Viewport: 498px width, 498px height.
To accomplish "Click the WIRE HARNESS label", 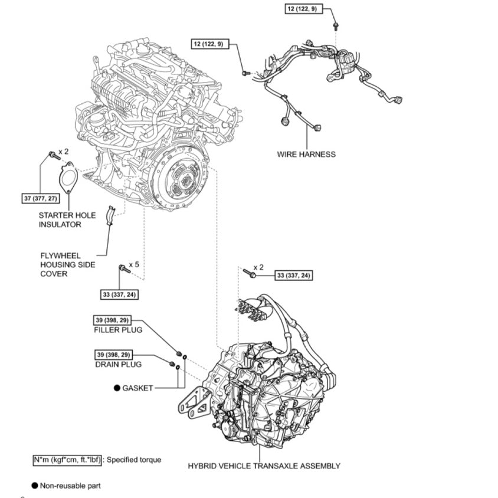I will click(x=306, y=155).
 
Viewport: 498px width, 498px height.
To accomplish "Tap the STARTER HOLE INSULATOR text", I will click(x=67, y=220).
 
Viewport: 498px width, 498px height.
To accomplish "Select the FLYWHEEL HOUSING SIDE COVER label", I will click(x=63, y=265).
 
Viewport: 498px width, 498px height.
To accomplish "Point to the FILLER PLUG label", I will click(x=118, y=330).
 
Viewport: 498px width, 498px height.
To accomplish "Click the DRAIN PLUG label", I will click(x=118, y=365).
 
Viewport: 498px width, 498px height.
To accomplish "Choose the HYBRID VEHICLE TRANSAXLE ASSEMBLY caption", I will click(x=264, y=466).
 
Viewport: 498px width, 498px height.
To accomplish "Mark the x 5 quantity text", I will click(x=134, y=265).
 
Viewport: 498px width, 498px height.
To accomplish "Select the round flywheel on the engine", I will click(x=180, y=176).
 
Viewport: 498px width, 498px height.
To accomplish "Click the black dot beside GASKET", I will click(x=117, y=388).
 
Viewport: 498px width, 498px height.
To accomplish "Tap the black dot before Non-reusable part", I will click(x=35, y=486).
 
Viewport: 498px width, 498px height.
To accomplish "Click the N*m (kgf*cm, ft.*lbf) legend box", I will click(x=67, y=459).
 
